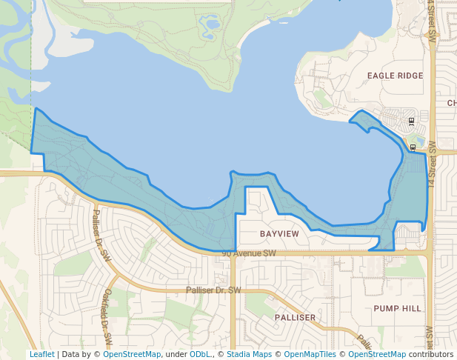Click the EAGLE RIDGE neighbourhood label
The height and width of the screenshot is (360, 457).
pyautogui.click(x=395, y=76)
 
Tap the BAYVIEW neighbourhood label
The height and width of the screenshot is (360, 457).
pyautogui.click(x=279, y=234)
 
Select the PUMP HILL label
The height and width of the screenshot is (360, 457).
pyautogui.click(x=397, y=308)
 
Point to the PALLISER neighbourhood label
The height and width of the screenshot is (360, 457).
pyautogui.click(x=295, y=317)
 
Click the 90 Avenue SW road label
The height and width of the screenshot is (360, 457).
pyautogui.click(x=248, y=253)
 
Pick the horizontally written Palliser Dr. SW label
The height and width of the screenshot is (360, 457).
pyautogui.click(x=213, y=290)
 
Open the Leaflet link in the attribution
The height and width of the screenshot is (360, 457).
pyautogui.click(x=41, y=354)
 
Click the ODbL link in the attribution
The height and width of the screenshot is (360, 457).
pyautogui.click(x=199, y=354)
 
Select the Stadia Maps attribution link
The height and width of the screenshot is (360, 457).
pyautogui.click(x=249, y=354)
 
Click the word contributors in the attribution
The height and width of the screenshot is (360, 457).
pyautogui.click(x=430, y=354)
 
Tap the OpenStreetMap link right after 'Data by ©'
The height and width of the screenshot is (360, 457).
pyautogui.click(x=132, y=354)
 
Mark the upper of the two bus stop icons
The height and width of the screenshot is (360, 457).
pyautogui.click(x=411, y=120)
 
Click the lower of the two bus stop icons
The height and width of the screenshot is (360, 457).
pyautogui.click(x=413, y=147)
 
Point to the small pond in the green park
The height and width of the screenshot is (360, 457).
pyautogui.click(x=212, y=24)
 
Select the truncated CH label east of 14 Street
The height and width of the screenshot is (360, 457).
pyautogui.click(x=451, y=103)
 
